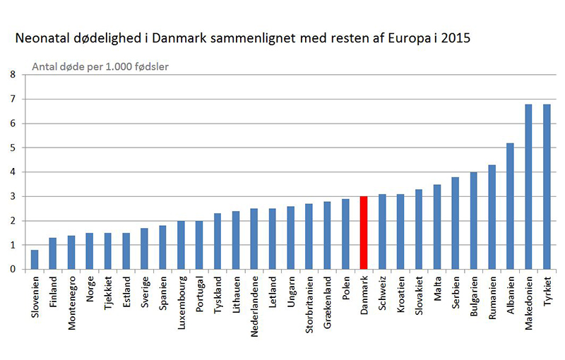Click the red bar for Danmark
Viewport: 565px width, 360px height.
[364, 233]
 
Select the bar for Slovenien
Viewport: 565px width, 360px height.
[35, 259]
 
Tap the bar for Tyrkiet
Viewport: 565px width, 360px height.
[547, 187]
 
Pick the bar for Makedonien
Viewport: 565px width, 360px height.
[528, 187]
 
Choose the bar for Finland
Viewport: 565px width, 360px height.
[53, 253]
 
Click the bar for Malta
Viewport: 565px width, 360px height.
[437, 227]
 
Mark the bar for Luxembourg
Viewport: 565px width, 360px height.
[181, 245]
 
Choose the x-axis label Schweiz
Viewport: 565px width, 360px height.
[382, 295]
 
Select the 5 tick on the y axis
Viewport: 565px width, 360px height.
[12, 148]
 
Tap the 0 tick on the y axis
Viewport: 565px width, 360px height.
[12, 269]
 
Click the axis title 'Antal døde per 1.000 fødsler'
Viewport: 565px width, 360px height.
[102, 68]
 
